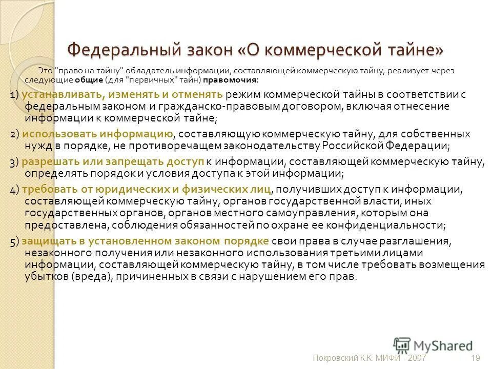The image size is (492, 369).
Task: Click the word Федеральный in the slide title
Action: pyautogui.click(x=124, y=50)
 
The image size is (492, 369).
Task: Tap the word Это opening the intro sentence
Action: pyautogui.click(x=45, y=71)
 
